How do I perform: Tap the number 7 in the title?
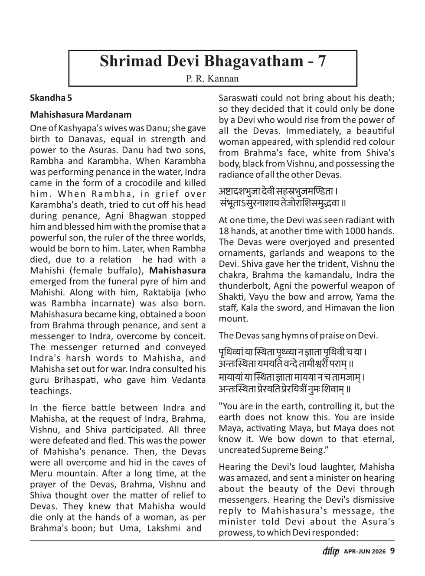[x=321, y=61]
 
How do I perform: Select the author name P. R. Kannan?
[x=212, y=78]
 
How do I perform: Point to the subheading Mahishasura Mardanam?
[x=81, y=115]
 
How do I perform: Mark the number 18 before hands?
[x=224, y=231]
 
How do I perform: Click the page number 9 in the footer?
[x=392, y=551]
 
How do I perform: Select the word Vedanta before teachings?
[x=188, y=380]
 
